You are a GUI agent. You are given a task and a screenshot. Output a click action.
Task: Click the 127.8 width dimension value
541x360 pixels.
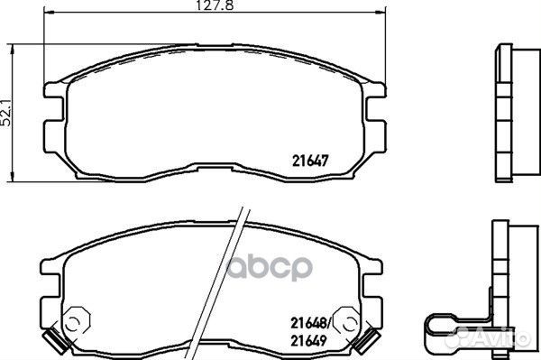pyautogui.click(x=215, y=5)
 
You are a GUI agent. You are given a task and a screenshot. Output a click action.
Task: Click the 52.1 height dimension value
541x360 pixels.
pyautogui.click(x=6, y=113)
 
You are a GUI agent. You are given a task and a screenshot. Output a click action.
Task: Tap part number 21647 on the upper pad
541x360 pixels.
pyautogui.click(x=310, y=161)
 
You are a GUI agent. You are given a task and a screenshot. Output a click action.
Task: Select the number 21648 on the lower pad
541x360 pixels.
pyautogui.click(x=308, y=323)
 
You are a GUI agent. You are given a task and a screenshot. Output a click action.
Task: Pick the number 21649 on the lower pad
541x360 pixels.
pyautogui.click(x=308, y=341)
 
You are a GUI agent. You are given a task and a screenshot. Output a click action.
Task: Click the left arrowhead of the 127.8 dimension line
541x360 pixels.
pyautogui.click(x=49, y=13)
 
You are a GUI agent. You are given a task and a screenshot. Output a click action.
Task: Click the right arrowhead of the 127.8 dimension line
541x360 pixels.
pyautogui.click(x=381, y=13)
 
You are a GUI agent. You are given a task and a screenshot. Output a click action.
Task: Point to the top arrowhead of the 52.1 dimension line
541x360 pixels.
pyautogui.click(x=13, y=49)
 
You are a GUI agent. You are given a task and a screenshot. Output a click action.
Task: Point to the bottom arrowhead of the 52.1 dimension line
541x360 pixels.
pyautogui.click(x=13, y=176)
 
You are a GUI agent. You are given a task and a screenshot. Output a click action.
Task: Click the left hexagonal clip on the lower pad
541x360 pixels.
pyautogui.click(x=77, y=322)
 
